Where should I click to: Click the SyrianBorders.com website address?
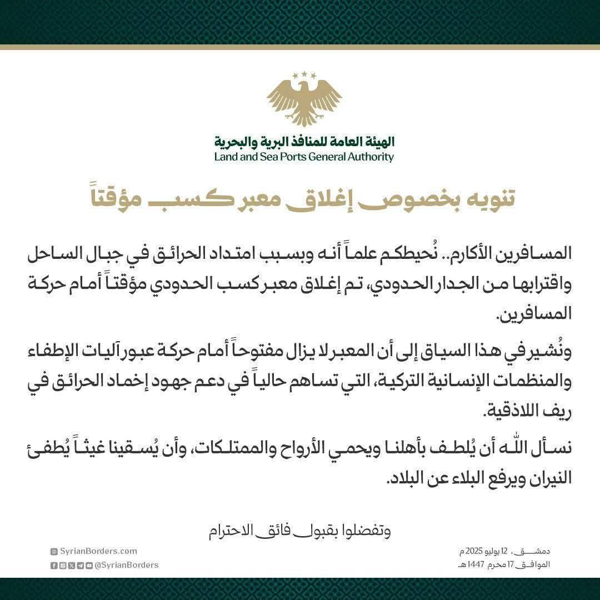pyautogui.click(x=97, y=551)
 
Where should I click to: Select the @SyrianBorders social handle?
pyautogui.click(x=127, y=565)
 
